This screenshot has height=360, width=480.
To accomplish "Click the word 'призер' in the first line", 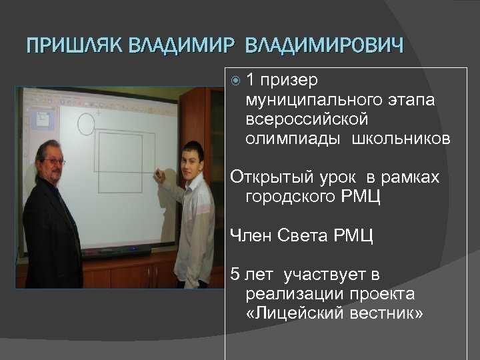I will (x=289, y=81).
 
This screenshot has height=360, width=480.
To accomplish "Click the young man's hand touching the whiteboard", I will (x=159, y=177).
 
